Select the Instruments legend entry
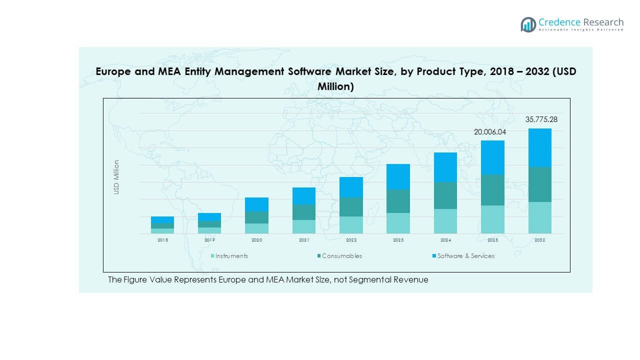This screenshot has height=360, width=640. [x=231, y=256]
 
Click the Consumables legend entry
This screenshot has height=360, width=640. [x=342, y=256]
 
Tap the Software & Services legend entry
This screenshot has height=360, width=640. [x=465, y=256]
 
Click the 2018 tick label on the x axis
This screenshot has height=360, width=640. [x=162, y=240]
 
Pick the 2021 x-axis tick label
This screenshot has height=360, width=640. [x=304, y=240]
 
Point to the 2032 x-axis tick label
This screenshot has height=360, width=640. [x=539, y=240]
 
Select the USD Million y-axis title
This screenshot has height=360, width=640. [x=116, y=177]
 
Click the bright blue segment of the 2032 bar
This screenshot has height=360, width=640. [x=539, y=147]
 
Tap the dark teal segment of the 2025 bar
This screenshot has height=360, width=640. [x=492, y=190]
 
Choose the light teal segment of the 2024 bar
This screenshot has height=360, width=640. [x=445, y=221]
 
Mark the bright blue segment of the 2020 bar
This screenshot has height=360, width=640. [x=256, y=204]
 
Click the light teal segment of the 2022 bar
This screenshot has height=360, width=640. [x=351, y=225]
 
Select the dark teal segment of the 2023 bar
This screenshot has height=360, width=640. [x=398, y=201]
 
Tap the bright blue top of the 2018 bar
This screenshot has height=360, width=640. [x=162, y=219]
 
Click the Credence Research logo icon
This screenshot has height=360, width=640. [x=528, y=24]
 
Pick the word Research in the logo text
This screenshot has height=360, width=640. [x=602, y=22]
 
